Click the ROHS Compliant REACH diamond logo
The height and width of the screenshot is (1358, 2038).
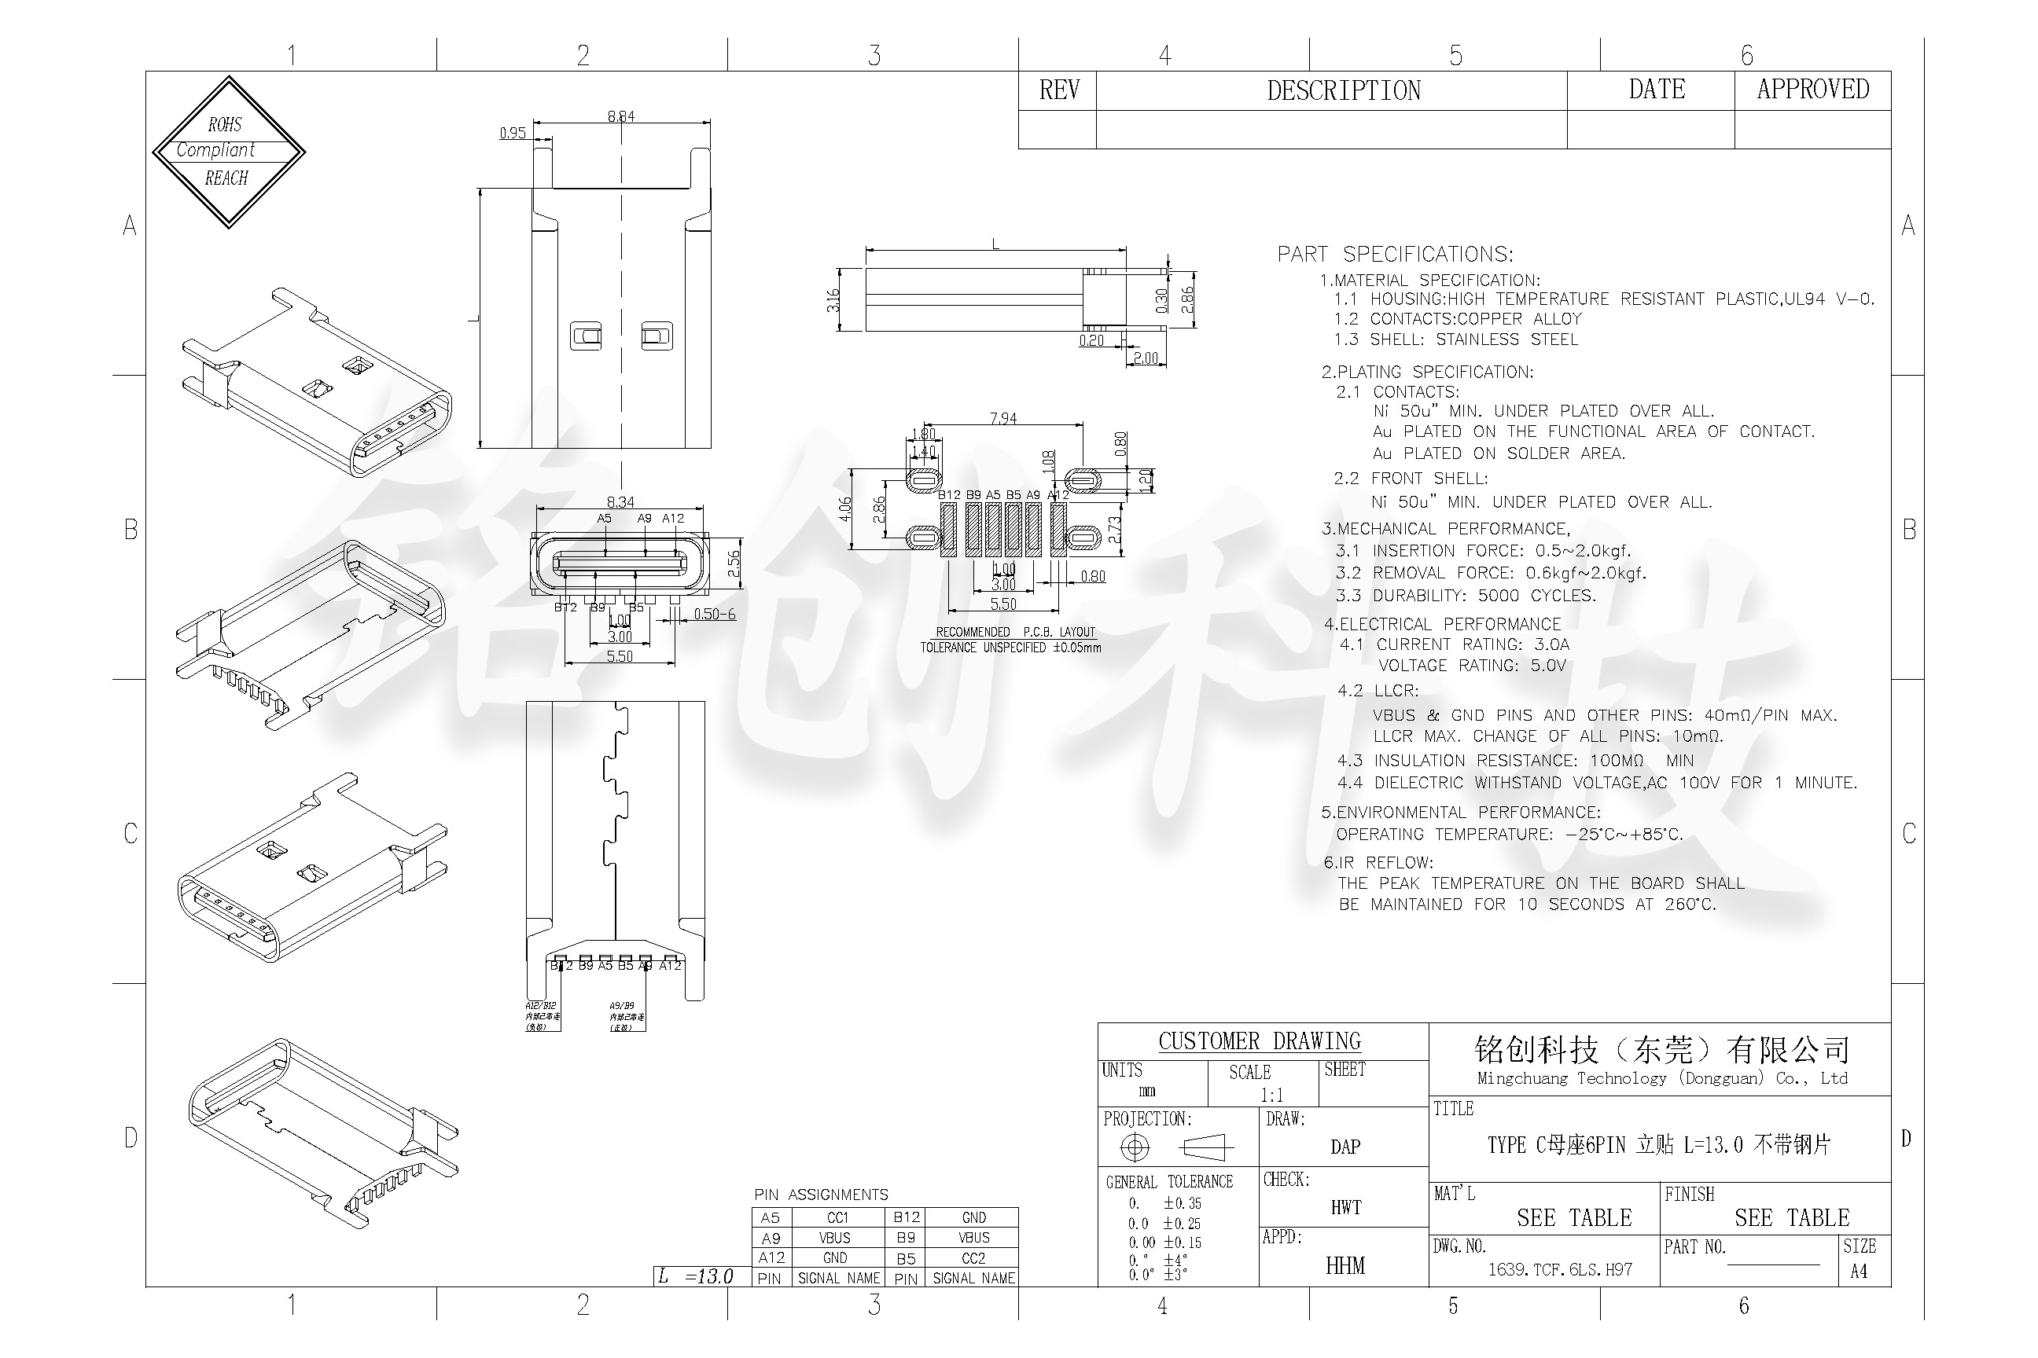coord(228,152)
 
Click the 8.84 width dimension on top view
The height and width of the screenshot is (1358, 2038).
coord(620,116)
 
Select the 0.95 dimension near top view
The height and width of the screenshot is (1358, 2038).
coord(512,133)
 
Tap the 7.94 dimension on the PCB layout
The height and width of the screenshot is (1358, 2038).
coord(1002,418)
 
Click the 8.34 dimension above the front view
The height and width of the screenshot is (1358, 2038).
coord(620,501)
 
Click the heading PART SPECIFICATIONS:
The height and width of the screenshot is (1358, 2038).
coord(1394,254)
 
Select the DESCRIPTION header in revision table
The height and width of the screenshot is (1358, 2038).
coord(1343,91)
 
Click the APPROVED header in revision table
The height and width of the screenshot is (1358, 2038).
coord(1812,90)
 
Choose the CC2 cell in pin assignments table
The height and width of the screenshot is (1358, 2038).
coord(973,1257)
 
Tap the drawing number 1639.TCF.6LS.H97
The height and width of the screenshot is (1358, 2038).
coord(1560,1270)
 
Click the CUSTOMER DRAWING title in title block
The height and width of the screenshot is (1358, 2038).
coord(1259,1041)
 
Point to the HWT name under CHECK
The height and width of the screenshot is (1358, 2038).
coord(1345,1207)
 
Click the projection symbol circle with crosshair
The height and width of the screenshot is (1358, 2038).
coord(1135,1147)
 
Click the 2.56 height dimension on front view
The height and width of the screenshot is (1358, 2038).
coord(734,563)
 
